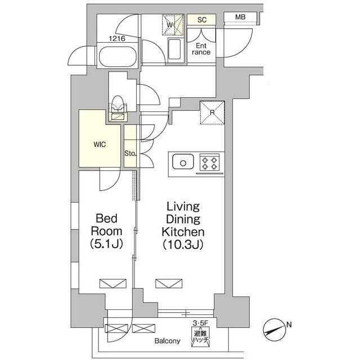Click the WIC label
100,145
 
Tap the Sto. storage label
130,154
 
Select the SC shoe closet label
202,20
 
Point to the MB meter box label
240,17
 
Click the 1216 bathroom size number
117,38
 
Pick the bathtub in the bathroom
118,56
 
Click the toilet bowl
118,104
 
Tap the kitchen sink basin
183,161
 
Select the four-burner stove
209,163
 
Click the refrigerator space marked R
213,112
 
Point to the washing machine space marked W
173,25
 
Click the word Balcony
168,341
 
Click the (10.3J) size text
183,245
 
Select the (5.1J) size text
106,244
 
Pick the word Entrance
201,49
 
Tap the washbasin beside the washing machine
174,49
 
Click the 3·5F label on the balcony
200,323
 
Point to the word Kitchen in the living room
183,232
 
